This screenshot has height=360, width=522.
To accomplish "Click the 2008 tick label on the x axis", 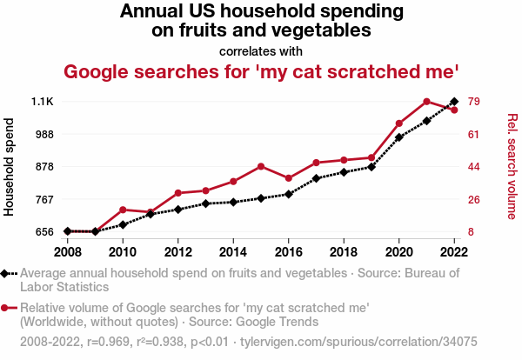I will tap(67, 251).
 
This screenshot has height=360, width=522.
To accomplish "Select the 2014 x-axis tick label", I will tap(233, 251).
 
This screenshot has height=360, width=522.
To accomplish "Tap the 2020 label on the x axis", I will tap(399, 251).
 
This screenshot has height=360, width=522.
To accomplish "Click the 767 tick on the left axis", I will tap(43, 199).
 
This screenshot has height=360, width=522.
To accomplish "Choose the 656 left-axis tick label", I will tap(43, 231).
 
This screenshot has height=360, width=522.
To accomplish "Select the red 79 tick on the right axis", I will tap(475, 102).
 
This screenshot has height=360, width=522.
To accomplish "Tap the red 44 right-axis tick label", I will tap(475, 167).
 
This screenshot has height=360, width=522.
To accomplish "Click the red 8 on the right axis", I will tap(472, 231).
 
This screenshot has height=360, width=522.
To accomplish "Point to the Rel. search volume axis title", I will tap(512, 166).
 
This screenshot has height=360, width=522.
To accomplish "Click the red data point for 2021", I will tap(426, 102).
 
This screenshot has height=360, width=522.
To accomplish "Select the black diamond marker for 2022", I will tap(454, 102).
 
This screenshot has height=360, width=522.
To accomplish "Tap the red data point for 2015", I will tap(261, 166).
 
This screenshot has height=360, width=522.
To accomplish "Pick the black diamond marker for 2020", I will tap(399, 137).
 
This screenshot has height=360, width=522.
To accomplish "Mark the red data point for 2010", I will tap(123, 210).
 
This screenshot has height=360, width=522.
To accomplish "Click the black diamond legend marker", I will tap(6, 273).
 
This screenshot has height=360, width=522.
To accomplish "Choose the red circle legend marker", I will tap(6, 307).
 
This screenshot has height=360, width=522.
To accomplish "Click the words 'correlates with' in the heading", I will tap(261, 51).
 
